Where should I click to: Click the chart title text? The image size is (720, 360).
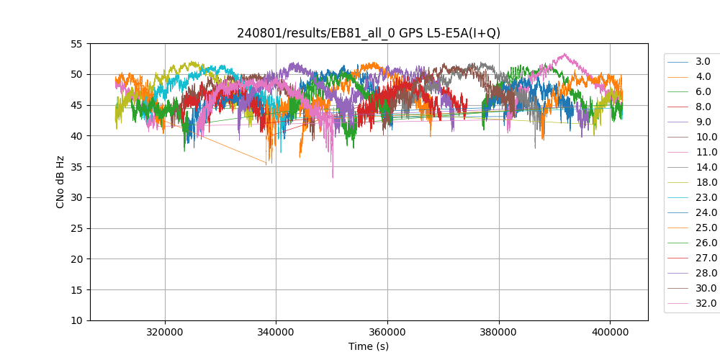coord(369,33)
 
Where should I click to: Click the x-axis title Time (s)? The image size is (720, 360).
coord(369,346)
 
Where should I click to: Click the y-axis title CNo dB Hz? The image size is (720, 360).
coord(60,182)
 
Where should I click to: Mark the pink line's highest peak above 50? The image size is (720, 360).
coord(565,54)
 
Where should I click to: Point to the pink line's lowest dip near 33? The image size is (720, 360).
coord(333,177)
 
